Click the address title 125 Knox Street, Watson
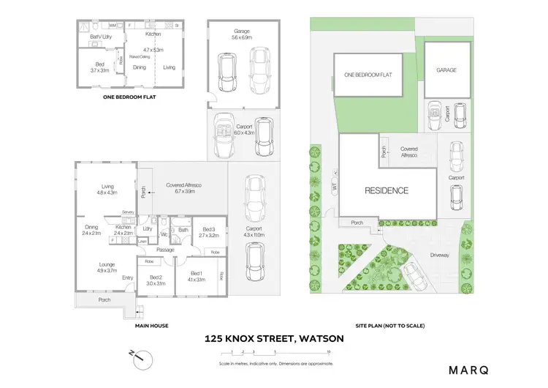(x=274, y=339)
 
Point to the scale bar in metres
(x=274, y=354)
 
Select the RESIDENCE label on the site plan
(x=387, y=190)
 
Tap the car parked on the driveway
(x=414, y=277)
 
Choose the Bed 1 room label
(x=197, y=275)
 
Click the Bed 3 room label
(x=208, y=232)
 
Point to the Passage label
(x=164, y=250)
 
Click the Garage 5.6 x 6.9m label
(x=242, y=34)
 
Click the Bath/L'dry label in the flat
(x=100, y=37)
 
